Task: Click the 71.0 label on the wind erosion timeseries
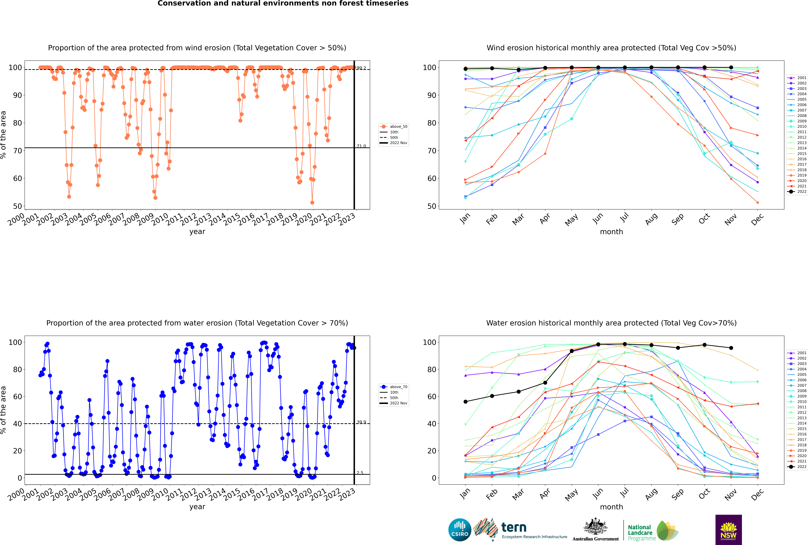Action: click(x=361, y=146)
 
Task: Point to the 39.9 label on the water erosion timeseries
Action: click(x=361, y=422)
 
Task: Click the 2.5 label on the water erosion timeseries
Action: click(x=360, y=473)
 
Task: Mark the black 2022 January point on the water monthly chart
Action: click(x=466, y=402)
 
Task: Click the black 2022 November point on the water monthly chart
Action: click(x=731, y=348)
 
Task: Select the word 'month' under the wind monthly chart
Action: click(x=611, y=232)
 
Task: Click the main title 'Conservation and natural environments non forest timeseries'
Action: click(x=283, y=3)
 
